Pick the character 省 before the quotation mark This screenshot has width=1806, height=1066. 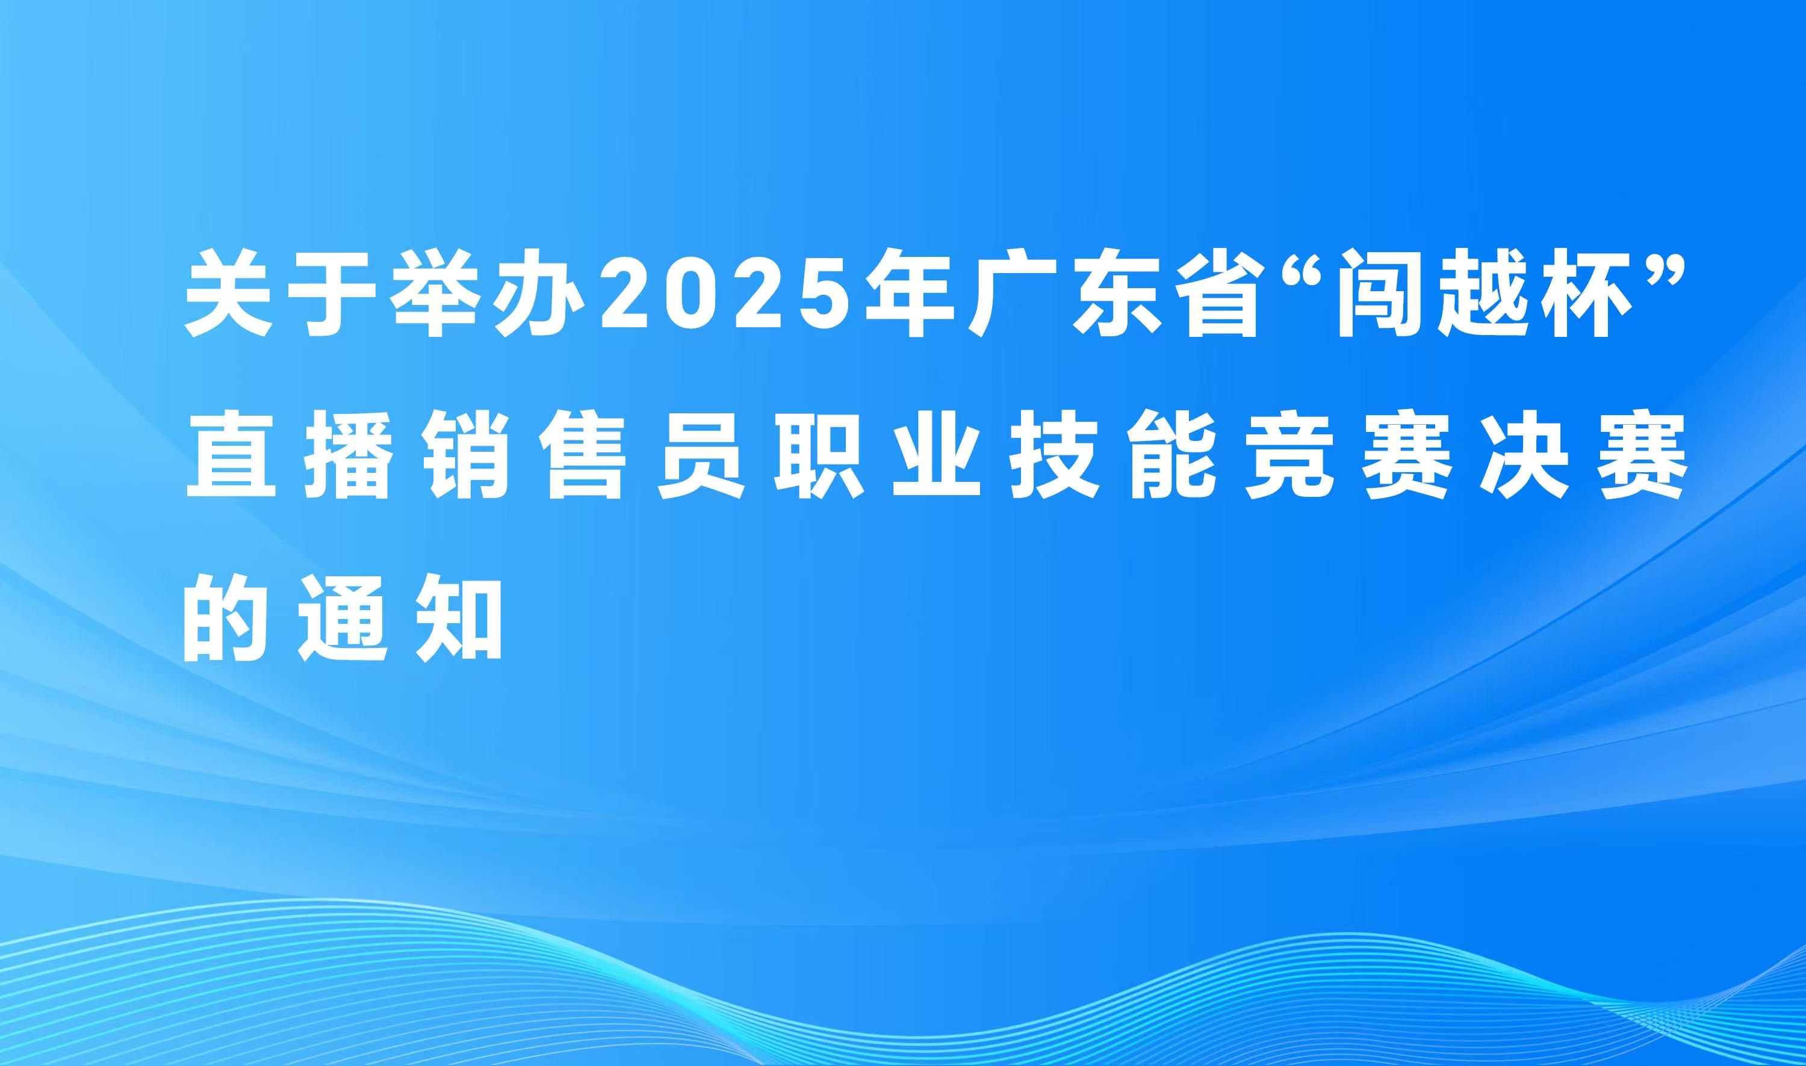coord(1217,293)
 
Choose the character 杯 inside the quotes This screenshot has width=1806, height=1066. coord(1581,293)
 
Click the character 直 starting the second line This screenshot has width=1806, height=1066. coord(231,456)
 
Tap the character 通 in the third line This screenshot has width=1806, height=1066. coord(344,618)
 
